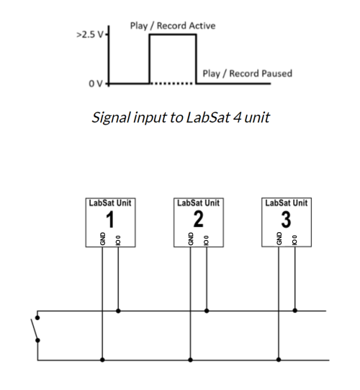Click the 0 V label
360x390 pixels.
tap(96, 84)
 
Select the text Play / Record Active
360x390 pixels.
tap(172, 25)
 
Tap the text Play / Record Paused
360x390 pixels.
tap(247, 73)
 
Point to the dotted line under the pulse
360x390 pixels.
tap(172, 84)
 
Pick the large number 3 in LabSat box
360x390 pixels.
tap(285, 218)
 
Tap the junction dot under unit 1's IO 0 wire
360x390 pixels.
tap(119, 312)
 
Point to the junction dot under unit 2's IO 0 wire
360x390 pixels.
tap(207, 312)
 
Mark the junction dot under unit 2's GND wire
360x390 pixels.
tap(191, 358)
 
